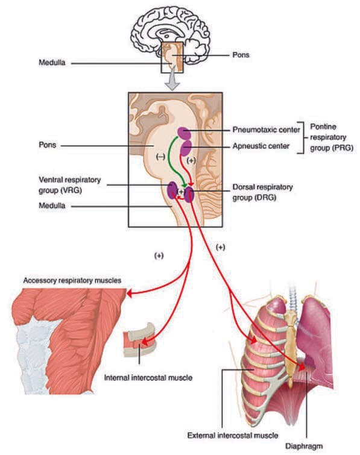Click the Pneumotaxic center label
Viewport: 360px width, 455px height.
(266, 130)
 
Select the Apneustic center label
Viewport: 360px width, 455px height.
(261, 146)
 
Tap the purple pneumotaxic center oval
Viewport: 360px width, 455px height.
(185, 133)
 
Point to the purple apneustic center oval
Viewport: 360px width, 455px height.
(186, 148)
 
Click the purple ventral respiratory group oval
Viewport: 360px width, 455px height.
(172, 190)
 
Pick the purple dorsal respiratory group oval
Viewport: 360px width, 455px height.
(189, 195)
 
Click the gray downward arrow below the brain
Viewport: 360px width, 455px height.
(172, 78)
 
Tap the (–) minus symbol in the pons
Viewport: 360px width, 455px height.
(160, 157)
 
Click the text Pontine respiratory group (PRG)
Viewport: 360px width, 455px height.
(332, 137)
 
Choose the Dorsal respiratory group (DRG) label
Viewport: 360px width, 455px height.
(262, 192)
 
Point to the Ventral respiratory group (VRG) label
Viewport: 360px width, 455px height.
(70, 185)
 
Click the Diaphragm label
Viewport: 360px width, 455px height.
(304, 446)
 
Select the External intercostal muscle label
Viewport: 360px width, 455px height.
(233, 435)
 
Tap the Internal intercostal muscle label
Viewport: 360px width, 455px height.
(148, 378)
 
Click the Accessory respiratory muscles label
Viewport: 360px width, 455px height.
(72, 281)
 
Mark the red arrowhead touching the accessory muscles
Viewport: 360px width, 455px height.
(130, 293)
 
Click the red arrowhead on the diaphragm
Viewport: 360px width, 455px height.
(302, 367)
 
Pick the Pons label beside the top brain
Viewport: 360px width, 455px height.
(241, 55)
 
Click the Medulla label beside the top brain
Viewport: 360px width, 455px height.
(52, 63)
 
